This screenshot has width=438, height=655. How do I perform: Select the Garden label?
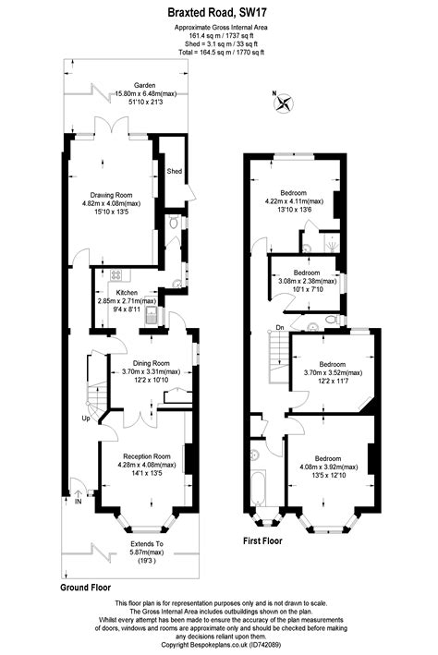click(x=131, y=84)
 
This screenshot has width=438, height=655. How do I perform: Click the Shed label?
click(x=174, y=172)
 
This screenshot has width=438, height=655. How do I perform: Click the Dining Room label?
click(x=148, y=363)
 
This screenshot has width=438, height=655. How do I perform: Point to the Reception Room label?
click(x=148, y=456)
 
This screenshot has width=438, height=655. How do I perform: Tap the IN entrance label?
click(x=79, y=503)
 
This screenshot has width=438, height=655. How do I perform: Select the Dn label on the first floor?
click(x=279, y=327)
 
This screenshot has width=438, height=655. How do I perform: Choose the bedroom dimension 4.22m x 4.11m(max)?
click(x=294, y=200)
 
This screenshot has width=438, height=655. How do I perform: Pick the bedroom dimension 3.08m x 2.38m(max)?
click(x=307, y=283)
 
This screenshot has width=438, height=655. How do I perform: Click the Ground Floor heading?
click(x=86, y=587)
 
